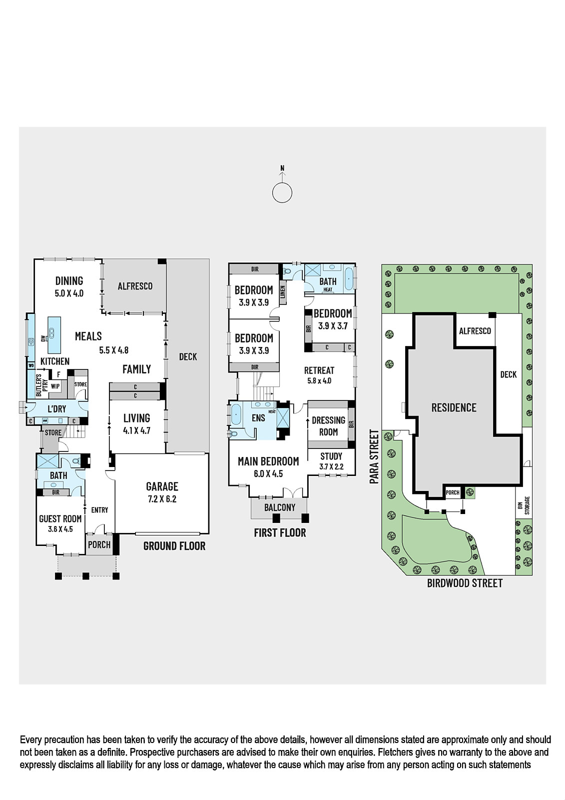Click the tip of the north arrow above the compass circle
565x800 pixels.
[282, 173]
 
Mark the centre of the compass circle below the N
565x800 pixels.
[282, 193]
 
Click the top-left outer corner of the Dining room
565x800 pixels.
[34, 259]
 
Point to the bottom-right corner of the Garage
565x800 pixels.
[209, 534]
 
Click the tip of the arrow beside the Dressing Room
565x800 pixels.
[308, 419]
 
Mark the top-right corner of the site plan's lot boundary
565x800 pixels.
[532, 264]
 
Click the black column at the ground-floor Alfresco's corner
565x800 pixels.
[162, 261]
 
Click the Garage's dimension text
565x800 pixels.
[162, 499]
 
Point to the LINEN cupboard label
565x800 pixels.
[283, 292]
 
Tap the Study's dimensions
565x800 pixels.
[331, 466]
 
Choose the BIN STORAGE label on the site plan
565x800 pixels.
[524, 505]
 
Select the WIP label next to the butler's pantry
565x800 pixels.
[55, 386]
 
